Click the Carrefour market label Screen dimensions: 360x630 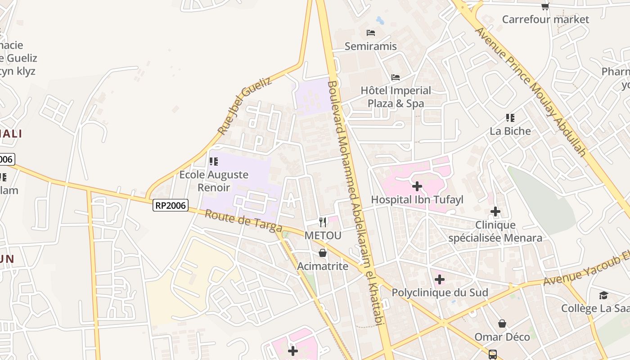(545, 19)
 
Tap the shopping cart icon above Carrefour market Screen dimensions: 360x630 (545, 6)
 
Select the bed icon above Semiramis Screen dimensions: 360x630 (371, 33)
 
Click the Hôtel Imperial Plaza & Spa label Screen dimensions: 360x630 (396, 97)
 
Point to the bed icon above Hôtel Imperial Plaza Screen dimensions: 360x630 (396, 77)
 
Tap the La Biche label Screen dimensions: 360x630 (510, 131)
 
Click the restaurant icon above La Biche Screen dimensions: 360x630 (510, 118)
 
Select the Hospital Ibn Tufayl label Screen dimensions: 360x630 (417, 199)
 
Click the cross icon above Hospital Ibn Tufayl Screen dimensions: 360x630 (417, 186)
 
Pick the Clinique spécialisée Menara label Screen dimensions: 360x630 (495, 231)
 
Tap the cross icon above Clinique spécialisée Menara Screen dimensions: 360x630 (495, 211)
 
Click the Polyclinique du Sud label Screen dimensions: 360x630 (440, 292)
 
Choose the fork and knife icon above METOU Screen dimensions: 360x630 (323, 222)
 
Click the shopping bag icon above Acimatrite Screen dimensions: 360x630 (323, 253)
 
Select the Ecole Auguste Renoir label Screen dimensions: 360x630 (214, 181)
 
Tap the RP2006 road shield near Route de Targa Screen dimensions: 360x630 (170, 205)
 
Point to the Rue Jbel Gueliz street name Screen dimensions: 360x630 (245, 106)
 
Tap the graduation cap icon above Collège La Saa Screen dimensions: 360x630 (603, 295)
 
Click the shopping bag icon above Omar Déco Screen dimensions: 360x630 (502, 324)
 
